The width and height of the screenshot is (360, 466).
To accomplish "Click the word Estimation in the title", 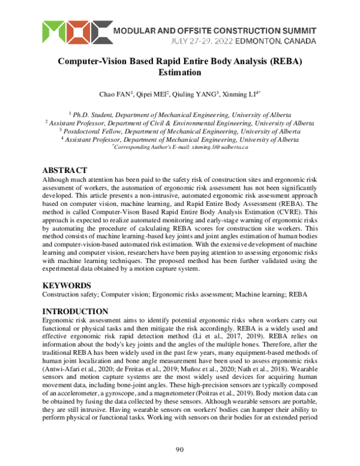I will click(x=180, y=73).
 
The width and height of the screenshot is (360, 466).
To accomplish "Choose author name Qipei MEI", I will click(x=151, y=94).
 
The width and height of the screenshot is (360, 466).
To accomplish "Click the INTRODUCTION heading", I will click(x=75, y=311).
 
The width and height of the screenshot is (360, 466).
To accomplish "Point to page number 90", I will click(x=179, y=450).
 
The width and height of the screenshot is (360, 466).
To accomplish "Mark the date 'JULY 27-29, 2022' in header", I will click(x=199, y=41).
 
